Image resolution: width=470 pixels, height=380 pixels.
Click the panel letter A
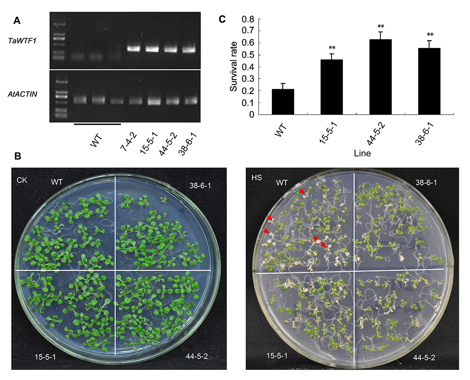(x=17, y=21)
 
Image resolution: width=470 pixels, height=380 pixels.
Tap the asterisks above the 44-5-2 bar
(x=381, y=27)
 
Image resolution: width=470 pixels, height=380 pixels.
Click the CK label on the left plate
(x=21, y=180)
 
